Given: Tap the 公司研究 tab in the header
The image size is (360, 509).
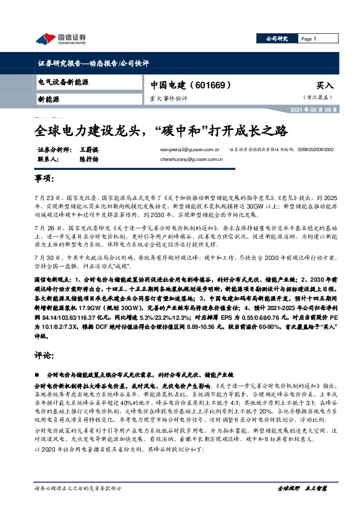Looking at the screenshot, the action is point(277,39).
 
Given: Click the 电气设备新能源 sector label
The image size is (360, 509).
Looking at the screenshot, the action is point(64,81).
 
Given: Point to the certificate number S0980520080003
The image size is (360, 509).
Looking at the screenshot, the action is point(324,149).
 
